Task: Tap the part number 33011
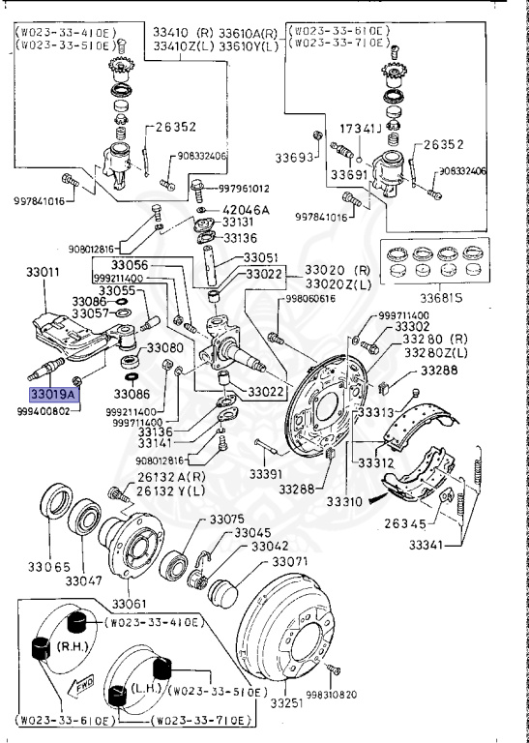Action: [x=43, y=274]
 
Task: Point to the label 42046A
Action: [x=247, y=210]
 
